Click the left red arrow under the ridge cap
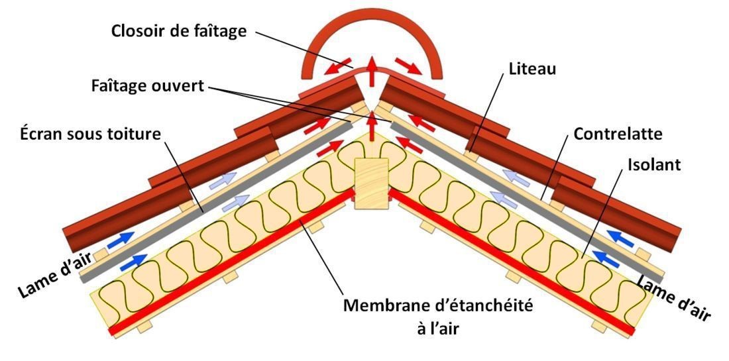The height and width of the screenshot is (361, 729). click(341, 66)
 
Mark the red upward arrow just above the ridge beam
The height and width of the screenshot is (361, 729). click(371, 127)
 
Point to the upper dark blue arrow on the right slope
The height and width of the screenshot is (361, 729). click(618, 235)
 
